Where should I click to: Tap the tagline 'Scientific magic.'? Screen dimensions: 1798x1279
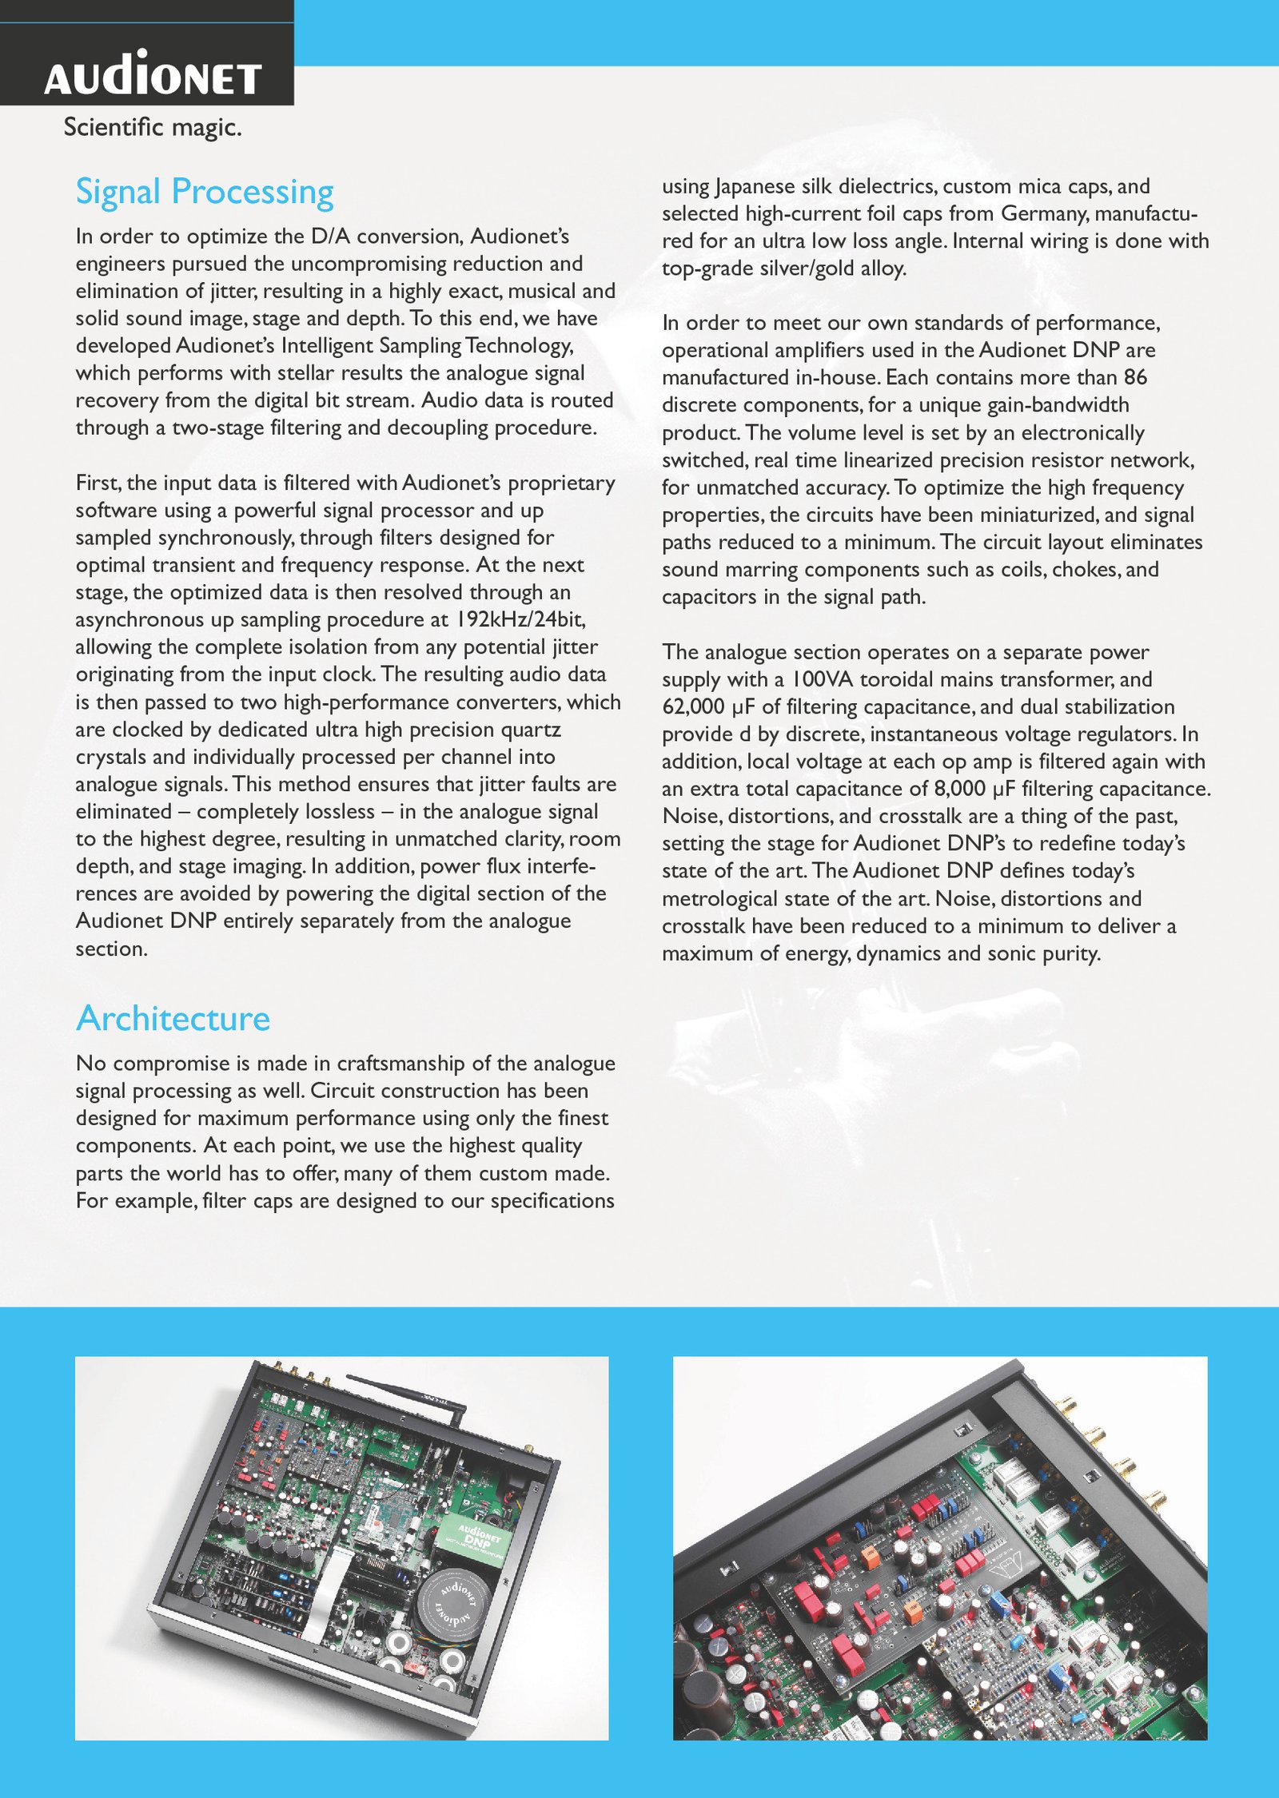[x=152, y=127]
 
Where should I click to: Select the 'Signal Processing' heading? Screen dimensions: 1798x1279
[x=205, y=193]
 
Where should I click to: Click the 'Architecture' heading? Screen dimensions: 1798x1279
[x=173, y=1019]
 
